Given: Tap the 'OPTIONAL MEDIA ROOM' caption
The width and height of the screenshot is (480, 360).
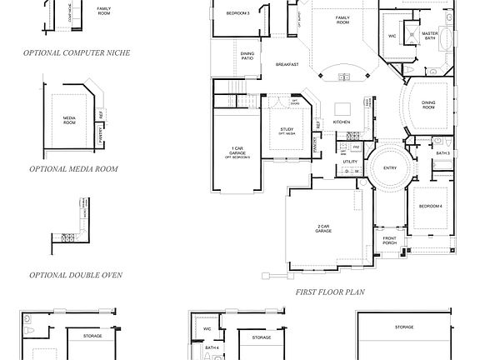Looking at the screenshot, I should (x=72, y=168).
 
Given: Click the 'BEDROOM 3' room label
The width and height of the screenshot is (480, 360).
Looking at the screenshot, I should (x=238, y=13).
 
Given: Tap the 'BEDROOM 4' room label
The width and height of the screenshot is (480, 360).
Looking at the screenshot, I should (x=430, y=205).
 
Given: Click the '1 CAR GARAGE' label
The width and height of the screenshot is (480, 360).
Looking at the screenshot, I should (x=237, y=152).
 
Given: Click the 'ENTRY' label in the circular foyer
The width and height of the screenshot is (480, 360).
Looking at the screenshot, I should (x=390, y=167).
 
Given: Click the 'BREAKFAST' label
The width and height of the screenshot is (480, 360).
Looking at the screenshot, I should (x=286, y=65).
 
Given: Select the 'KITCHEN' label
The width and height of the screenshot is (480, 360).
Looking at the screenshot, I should (x=342, y=122).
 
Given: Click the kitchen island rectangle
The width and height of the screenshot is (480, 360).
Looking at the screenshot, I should (x=342, y=107).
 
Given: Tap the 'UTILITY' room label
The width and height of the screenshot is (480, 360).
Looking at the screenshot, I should (x=350, y=162).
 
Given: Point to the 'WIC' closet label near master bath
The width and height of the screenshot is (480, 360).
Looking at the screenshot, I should (x=391, y=36).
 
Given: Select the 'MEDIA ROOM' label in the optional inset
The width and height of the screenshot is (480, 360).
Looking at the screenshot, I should (x=70, y=120).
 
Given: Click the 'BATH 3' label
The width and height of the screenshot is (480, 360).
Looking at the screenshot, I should (x=442, y=153).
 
